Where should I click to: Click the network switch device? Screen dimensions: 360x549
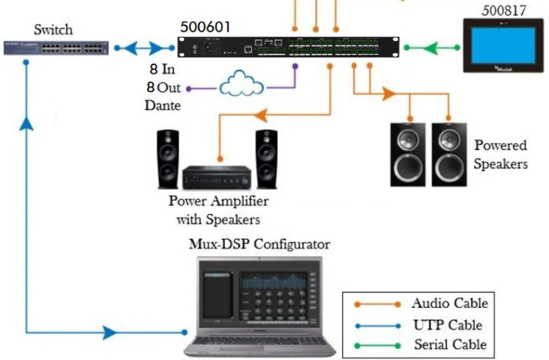(x=55, y=48)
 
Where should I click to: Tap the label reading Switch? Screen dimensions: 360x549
(x=53, y=30)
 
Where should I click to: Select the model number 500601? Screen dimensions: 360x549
(x=206, y=27)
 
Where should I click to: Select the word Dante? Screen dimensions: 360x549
(x=162, y=105)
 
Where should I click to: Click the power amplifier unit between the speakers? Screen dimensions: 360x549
(x=216, y=176)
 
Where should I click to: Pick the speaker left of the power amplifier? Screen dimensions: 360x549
(x=168, y=158)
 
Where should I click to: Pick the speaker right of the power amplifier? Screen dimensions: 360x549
(x=265, y=157)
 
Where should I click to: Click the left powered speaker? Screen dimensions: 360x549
(x=408, y=154)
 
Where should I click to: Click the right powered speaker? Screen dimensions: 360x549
(x=449, y=154)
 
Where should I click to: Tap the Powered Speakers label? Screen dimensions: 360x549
(x=501, y=154)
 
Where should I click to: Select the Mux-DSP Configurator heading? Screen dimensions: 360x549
(x=259, y=244)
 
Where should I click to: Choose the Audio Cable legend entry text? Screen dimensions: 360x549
(x=449, y=303)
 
